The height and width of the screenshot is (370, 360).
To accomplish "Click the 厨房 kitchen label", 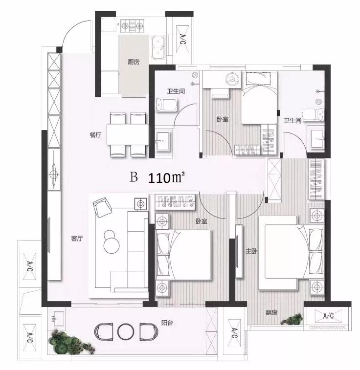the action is pyautogui.click(x=134, y=62).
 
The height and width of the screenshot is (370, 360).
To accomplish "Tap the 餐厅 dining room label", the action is pyautogui.click(x=95, y=135).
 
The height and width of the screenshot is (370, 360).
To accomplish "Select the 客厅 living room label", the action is pyautogui.click(x=77, y=239).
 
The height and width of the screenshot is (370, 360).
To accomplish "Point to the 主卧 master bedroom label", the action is pyautogui.click(x=251, y=251).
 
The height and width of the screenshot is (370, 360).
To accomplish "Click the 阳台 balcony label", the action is pyautogui.click(x=167, y=323).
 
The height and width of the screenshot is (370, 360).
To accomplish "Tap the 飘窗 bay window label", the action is pyautogui.click(x=271, y=313).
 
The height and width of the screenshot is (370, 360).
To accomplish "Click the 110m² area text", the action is pyautogui.click(x=166, y=178).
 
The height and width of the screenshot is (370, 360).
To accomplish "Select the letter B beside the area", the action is pyautogui.click(x=134, y=177).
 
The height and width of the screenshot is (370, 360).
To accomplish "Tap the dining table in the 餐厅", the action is pyautogui.click(x=128, y=134).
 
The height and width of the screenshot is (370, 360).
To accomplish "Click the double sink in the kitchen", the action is pyautogui.click(x=158, y=47).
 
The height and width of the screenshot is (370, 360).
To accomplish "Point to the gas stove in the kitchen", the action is pyautogui.click(x=132, y=25).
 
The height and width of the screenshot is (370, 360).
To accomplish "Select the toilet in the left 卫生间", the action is pyautogui.click(x=166, y=105).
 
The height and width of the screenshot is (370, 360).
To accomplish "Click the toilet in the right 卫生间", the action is pyautogui.click(x=313, y=115).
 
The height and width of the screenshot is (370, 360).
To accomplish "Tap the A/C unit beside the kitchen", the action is pyautogui.click(x=182, y=40).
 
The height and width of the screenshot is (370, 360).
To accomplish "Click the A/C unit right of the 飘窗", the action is pyautogui.click(x=328, y=315).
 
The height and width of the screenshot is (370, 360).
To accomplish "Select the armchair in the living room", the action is pyautogui.click(x=102, y=207).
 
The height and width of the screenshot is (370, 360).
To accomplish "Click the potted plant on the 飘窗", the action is pyautogui.click(x=292, y=319).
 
